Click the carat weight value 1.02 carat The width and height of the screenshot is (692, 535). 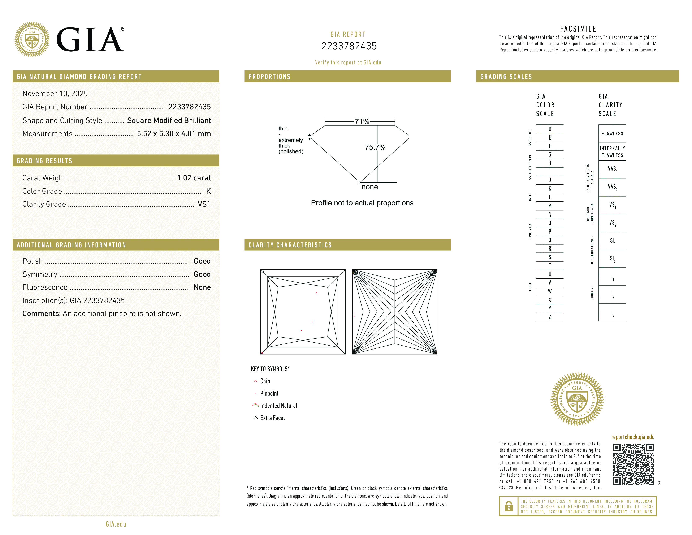tap(194, 178)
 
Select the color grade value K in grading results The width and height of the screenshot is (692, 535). tap(208, 191)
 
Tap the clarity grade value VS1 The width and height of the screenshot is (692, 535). tap(204, 204)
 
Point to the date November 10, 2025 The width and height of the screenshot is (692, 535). tap(55, 94)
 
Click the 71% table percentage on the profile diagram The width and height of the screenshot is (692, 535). tap(362, 122)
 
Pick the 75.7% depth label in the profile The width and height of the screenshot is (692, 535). tap(375, 147)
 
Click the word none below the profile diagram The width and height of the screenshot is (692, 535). tap(370, 187)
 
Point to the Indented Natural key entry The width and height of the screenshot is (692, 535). tap(278, 406)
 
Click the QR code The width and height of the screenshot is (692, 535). tap(633, 464)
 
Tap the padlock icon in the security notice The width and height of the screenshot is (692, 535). tap(509, 506)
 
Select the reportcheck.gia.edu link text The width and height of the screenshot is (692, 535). tap(632, 437)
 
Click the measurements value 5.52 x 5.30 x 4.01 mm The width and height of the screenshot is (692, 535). tap(174, 134)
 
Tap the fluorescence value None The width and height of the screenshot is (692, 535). tap(202, 287)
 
